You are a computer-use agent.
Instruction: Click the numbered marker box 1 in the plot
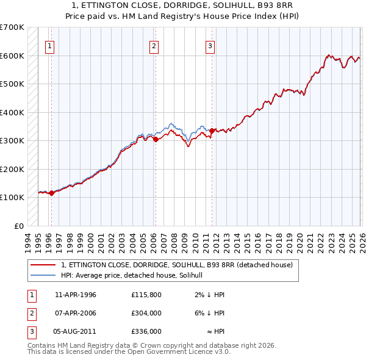coord(49,45)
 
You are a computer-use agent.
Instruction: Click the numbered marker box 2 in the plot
coord(154,45)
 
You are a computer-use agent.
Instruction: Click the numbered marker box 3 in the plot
coord(210,45)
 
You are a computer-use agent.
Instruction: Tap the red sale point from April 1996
coord(51,193)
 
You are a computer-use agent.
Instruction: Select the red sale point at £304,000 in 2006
coord(156,139)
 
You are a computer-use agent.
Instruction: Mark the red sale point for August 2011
coord(212,130)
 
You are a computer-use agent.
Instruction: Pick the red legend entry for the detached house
coord(177,265)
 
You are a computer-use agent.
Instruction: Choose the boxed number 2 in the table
coord(31,313)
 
